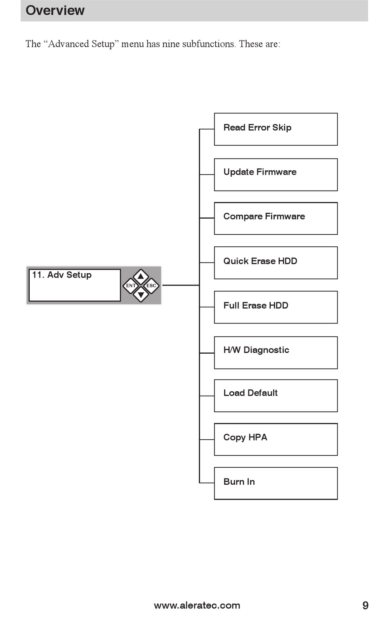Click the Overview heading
click(55, 11)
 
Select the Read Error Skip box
click(275, 129)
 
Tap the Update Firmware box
click(275, 175)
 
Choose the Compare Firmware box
click(275, 219)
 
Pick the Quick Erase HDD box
click(275, 263)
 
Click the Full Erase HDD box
click(275, 307)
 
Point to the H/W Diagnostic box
click(275, 352)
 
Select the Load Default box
click(275, 396)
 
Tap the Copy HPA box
click(275, 439)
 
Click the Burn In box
click(275, 483)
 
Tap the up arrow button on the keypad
click(141, 276)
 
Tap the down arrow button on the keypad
click(141, 294)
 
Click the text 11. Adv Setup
click(62, 275)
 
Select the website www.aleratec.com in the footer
click(197, 605)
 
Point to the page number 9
click(365, 605)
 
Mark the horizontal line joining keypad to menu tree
click(181, 285)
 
